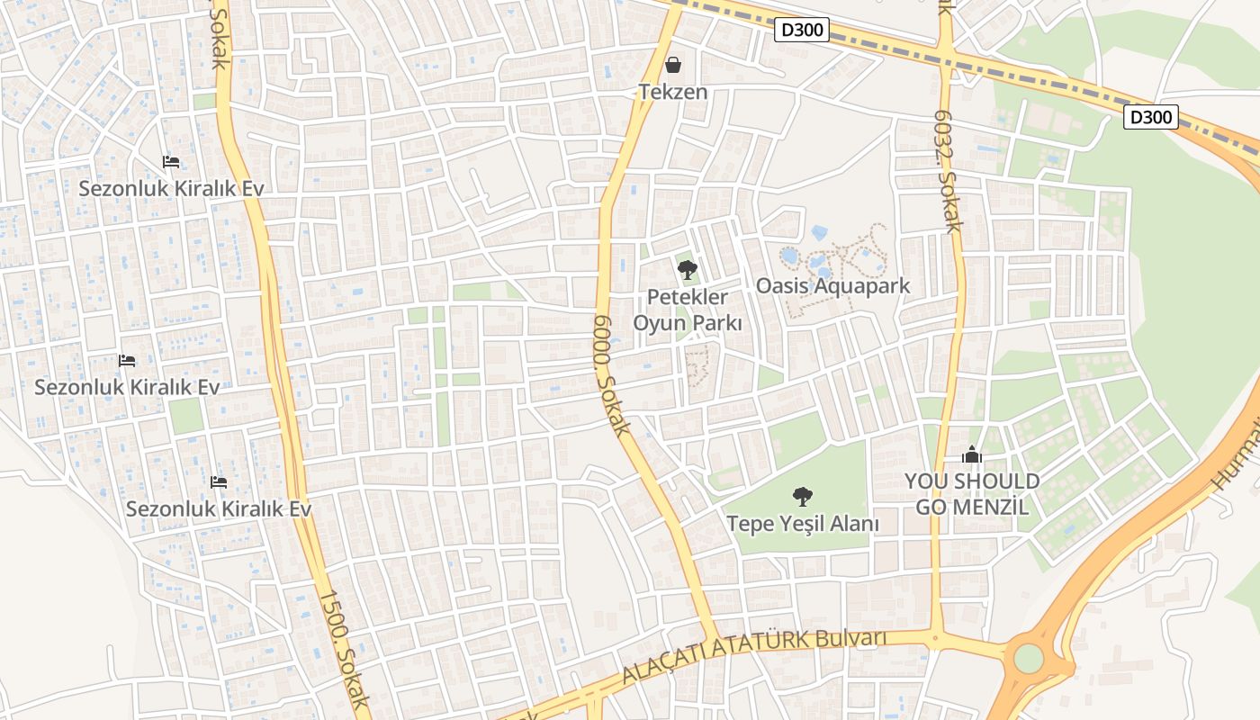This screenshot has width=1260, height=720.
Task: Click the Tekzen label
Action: point(673,92)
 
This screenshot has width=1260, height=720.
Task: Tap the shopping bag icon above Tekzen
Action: point(673,65)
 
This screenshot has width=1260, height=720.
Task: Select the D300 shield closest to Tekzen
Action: point(801,30)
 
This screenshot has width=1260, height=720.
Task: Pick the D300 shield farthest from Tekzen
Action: point(1151,117)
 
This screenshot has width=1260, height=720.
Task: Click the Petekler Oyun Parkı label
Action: point(688,310)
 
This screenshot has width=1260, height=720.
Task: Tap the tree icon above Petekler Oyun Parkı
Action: point(688,269)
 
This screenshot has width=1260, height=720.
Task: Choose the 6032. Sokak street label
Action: point(948,171)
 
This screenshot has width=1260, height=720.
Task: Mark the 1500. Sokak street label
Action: point(344,650)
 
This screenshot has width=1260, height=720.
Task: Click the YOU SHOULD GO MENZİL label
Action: point(972,493)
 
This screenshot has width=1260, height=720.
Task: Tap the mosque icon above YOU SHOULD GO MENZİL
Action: point(972,454)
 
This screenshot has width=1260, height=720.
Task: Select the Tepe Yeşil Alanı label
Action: point(803,523)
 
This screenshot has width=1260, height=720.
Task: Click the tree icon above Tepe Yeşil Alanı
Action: point(803,496)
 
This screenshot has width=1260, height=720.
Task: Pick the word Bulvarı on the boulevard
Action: point(851,638)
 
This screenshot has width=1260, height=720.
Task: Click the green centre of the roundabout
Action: point(1028,658)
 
